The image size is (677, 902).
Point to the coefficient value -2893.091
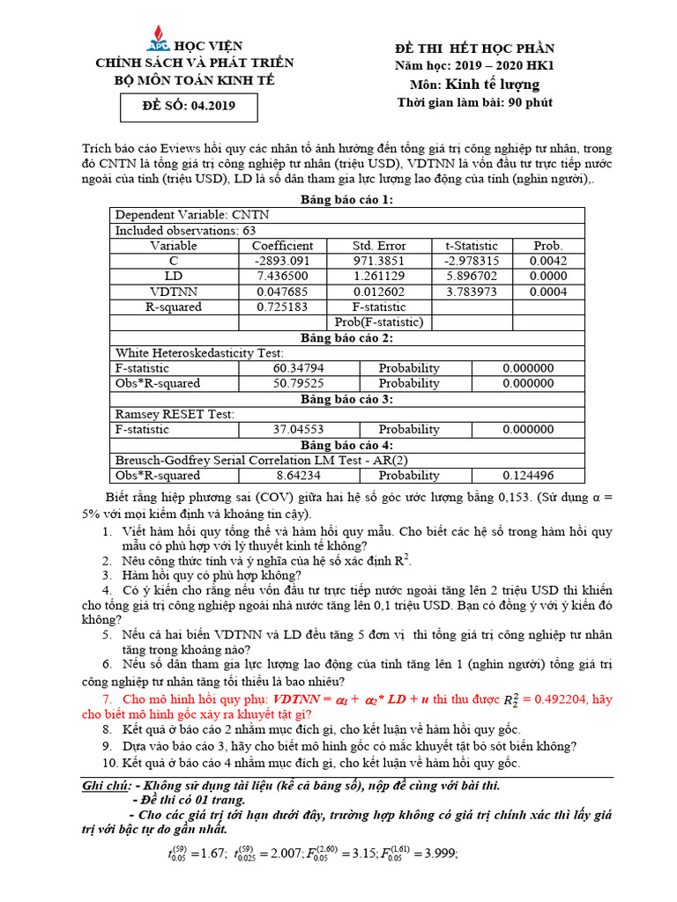coord(282,261)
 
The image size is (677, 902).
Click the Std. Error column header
coord(379,246)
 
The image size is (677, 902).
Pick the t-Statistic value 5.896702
coord(472,276)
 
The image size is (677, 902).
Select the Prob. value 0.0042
coord(548,261)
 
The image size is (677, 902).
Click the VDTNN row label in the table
coord(174,292)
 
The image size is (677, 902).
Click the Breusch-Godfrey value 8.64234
coord(296,475)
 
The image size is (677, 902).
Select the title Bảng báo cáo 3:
coord(346,399)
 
